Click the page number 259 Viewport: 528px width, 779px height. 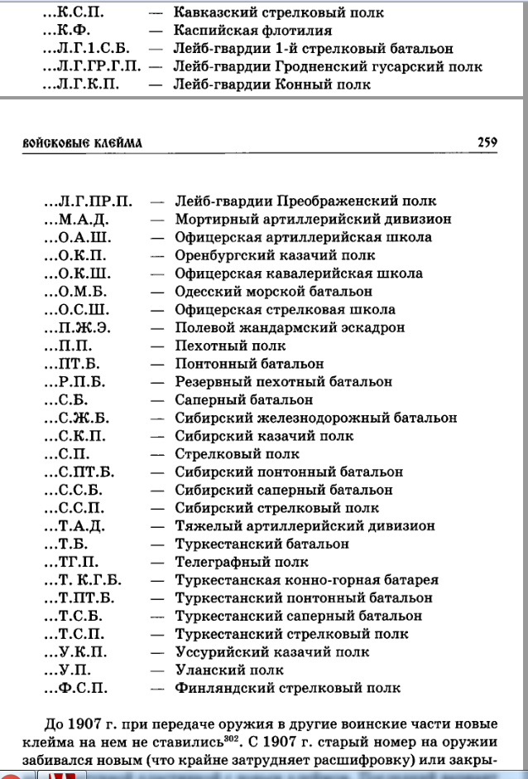pyautogui.click(x=487, y=143)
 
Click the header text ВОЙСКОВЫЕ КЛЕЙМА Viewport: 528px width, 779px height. pyautogui.click(x=82, y=143)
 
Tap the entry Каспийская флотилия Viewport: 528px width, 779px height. pyautogui.click(x=252, y=31)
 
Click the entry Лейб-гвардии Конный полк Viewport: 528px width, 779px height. pyautogui.click(x=272, y=85)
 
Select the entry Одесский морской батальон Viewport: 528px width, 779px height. pyautogui.click(x=273, y=291)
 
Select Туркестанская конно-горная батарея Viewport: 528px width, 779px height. pyautogui.click(x=306, y=580)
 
